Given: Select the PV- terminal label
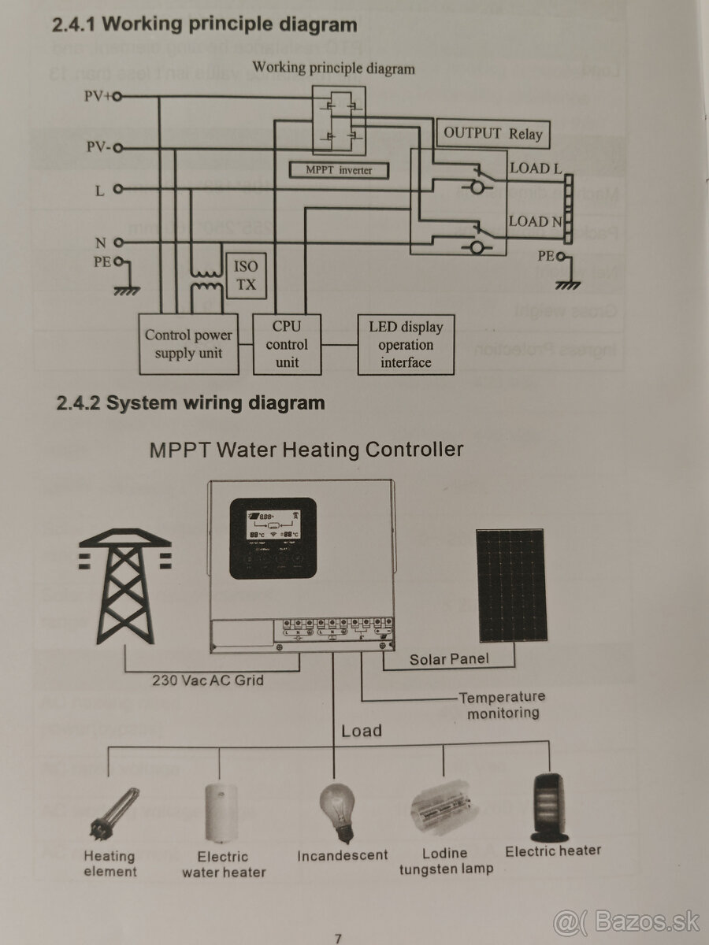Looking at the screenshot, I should tap(98, 147).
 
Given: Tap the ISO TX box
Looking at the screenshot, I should tap(246, 276).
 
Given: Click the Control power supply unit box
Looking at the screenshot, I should tap(188, 344).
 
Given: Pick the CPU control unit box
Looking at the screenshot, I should tap(287, 344).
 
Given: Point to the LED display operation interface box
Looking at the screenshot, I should tap(406, 345).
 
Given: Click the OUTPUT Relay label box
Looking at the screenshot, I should tap(493, 133).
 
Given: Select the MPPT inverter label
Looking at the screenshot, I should tap(339, 169).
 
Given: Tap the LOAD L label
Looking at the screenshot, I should tap(536, 168).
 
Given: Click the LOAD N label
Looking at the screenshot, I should tap(536, 221).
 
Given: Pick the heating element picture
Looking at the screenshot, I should tap(110, 812).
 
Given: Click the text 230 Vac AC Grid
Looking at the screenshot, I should tap(208, 680).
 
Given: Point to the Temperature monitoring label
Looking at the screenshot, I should tap(503, 705).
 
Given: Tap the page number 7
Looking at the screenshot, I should tap(338, 938).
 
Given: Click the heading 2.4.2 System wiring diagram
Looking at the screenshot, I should tap(188, 403).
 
